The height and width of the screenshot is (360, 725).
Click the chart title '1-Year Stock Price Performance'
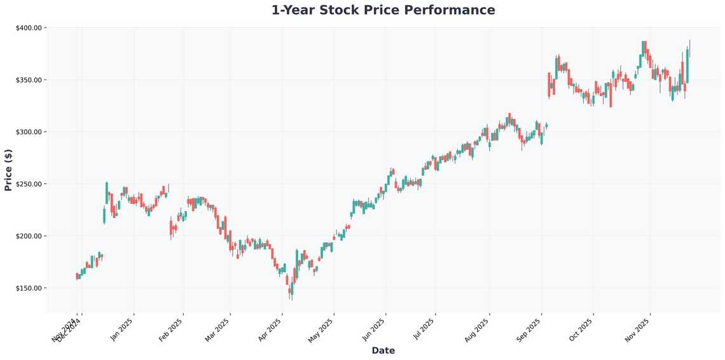tap(383, 10)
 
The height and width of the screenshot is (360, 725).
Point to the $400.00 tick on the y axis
tap(28, 28)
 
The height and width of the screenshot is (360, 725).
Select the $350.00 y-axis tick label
tap(28, 80)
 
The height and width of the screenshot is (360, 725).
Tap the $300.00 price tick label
tap(28, 132)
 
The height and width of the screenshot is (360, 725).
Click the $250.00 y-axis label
tap(28, 184)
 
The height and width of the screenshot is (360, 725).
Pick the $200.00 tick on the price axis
tap(28, 236)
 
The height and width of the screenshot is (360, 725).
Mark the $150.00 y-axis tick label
tap(28, 288)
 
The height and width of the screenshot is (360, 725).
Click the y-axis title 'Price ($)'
tap(8, 170)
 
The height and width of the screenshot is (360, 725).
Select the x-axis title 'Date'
tap(383, 350)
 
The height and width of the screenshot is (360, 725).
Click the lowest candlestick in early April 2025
tap(291, 291)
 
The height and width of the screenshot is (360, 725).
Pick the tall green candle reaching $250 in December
tap(107, 193)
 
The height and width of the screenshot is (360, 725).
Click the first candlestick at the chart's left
tap(77, 276)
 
